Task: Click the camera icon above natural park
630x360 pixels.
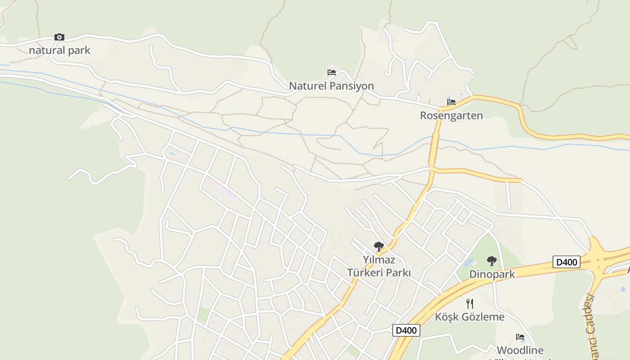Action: pos(59,37)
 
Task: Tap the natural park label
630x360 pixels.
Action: pos(59,50)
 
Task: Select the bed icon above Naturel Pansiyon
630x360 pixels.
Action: pos(332,72)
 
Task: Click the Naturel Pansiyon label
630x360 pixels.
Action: pos(331,86)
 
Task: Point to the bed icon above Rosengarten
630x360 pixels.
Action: pos(451,102)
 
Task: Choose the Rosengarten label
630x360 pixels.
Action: pos(451,116)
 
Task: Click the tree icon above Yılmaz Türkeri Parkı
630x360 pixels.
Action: pos(378,246)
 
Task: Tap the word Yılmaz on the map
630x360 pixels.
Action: pos(379,260)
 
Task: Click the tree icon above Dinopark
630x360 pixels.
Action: pos(492,261)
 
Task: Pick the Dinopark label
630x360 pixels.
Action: pos(492,274)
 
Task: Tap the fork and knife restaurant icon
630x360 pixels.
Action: pos(469,303)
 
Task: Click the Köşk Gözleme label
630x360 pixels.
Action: pos(469,317)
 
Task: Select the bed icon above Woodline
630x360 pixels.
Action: pos(520,337)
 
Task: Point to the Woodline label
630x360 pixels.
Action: pos(520,350)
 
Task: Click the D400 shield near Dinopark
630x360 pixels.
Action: pos(566,262)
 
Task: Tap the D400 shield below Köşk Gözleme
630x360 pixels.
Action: pos(406,330)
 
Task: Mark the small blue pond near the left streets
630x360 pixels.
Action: pos(171,154)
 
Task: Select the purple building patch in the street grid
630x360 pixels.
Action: pos(226,194)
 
